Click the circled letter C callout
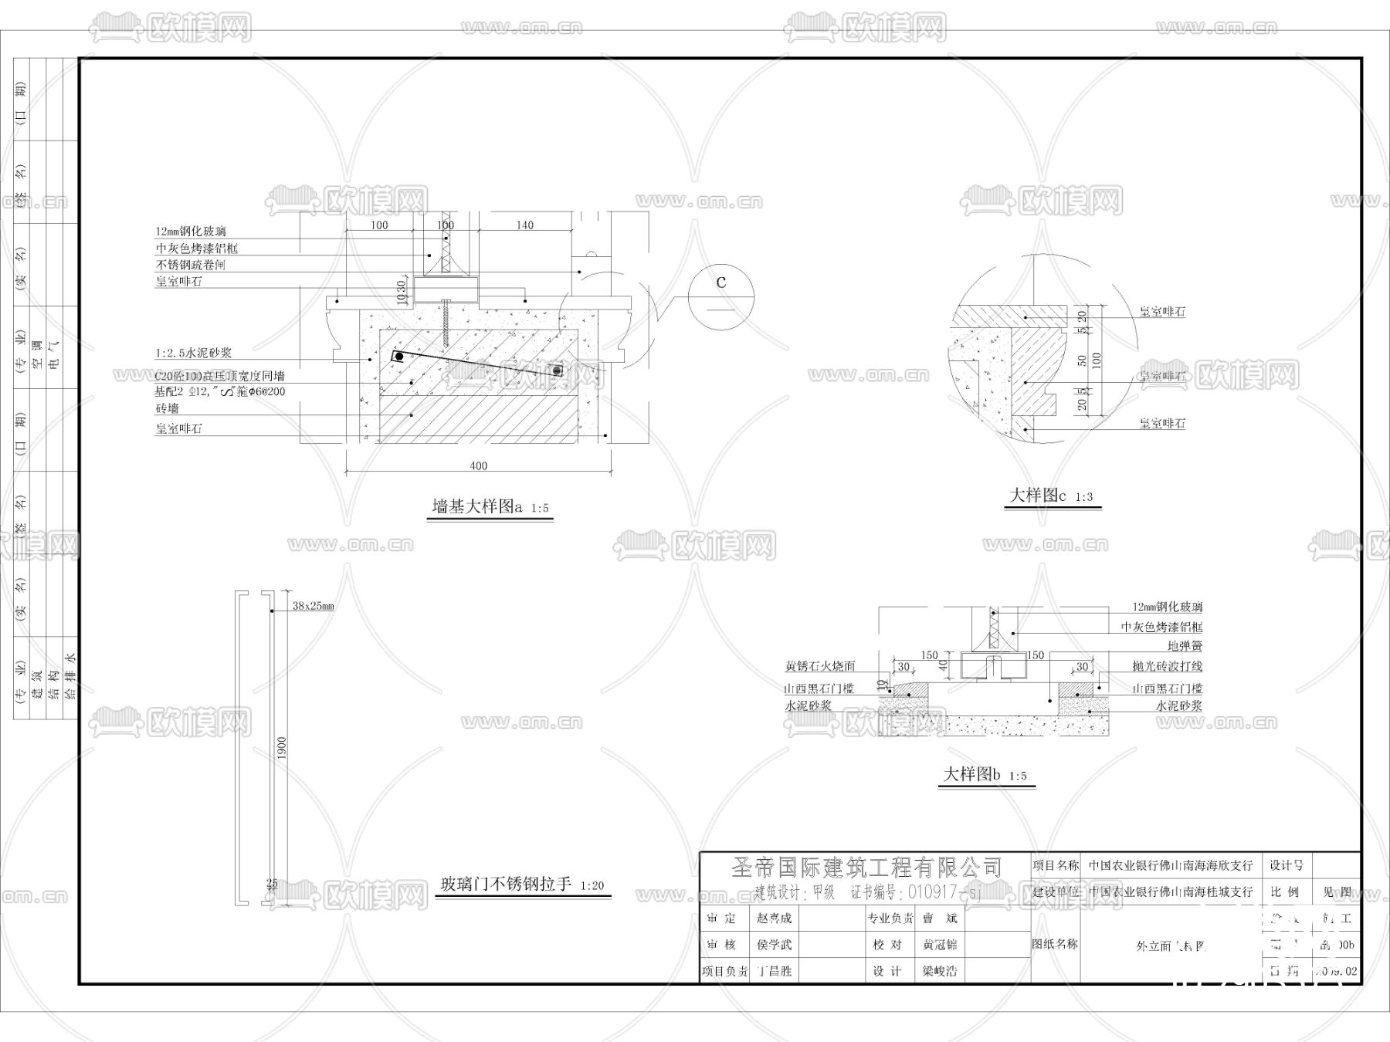[720, 282]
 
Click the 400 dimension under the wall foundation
[478, 465]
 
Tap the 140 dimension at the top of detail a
[524, 225]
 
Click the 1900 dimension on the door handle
[282, 747]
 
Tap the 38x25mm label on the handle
[313, 607]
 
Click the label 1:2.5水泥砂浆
[193, 354]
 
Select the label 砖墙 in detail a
[167, 408]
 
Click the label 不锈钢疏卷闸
[190, 265]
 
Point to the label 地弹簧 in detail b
[1185, 646]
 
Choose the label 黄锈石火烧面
[819, 666]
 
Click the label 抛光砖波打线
[1167, 666]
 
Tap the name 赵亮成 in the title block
[775, 919]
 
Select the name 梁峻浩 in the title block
[940, 971]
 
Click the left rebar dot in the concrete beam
[399, 357]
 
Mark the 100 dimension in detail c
[1097, 360]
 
